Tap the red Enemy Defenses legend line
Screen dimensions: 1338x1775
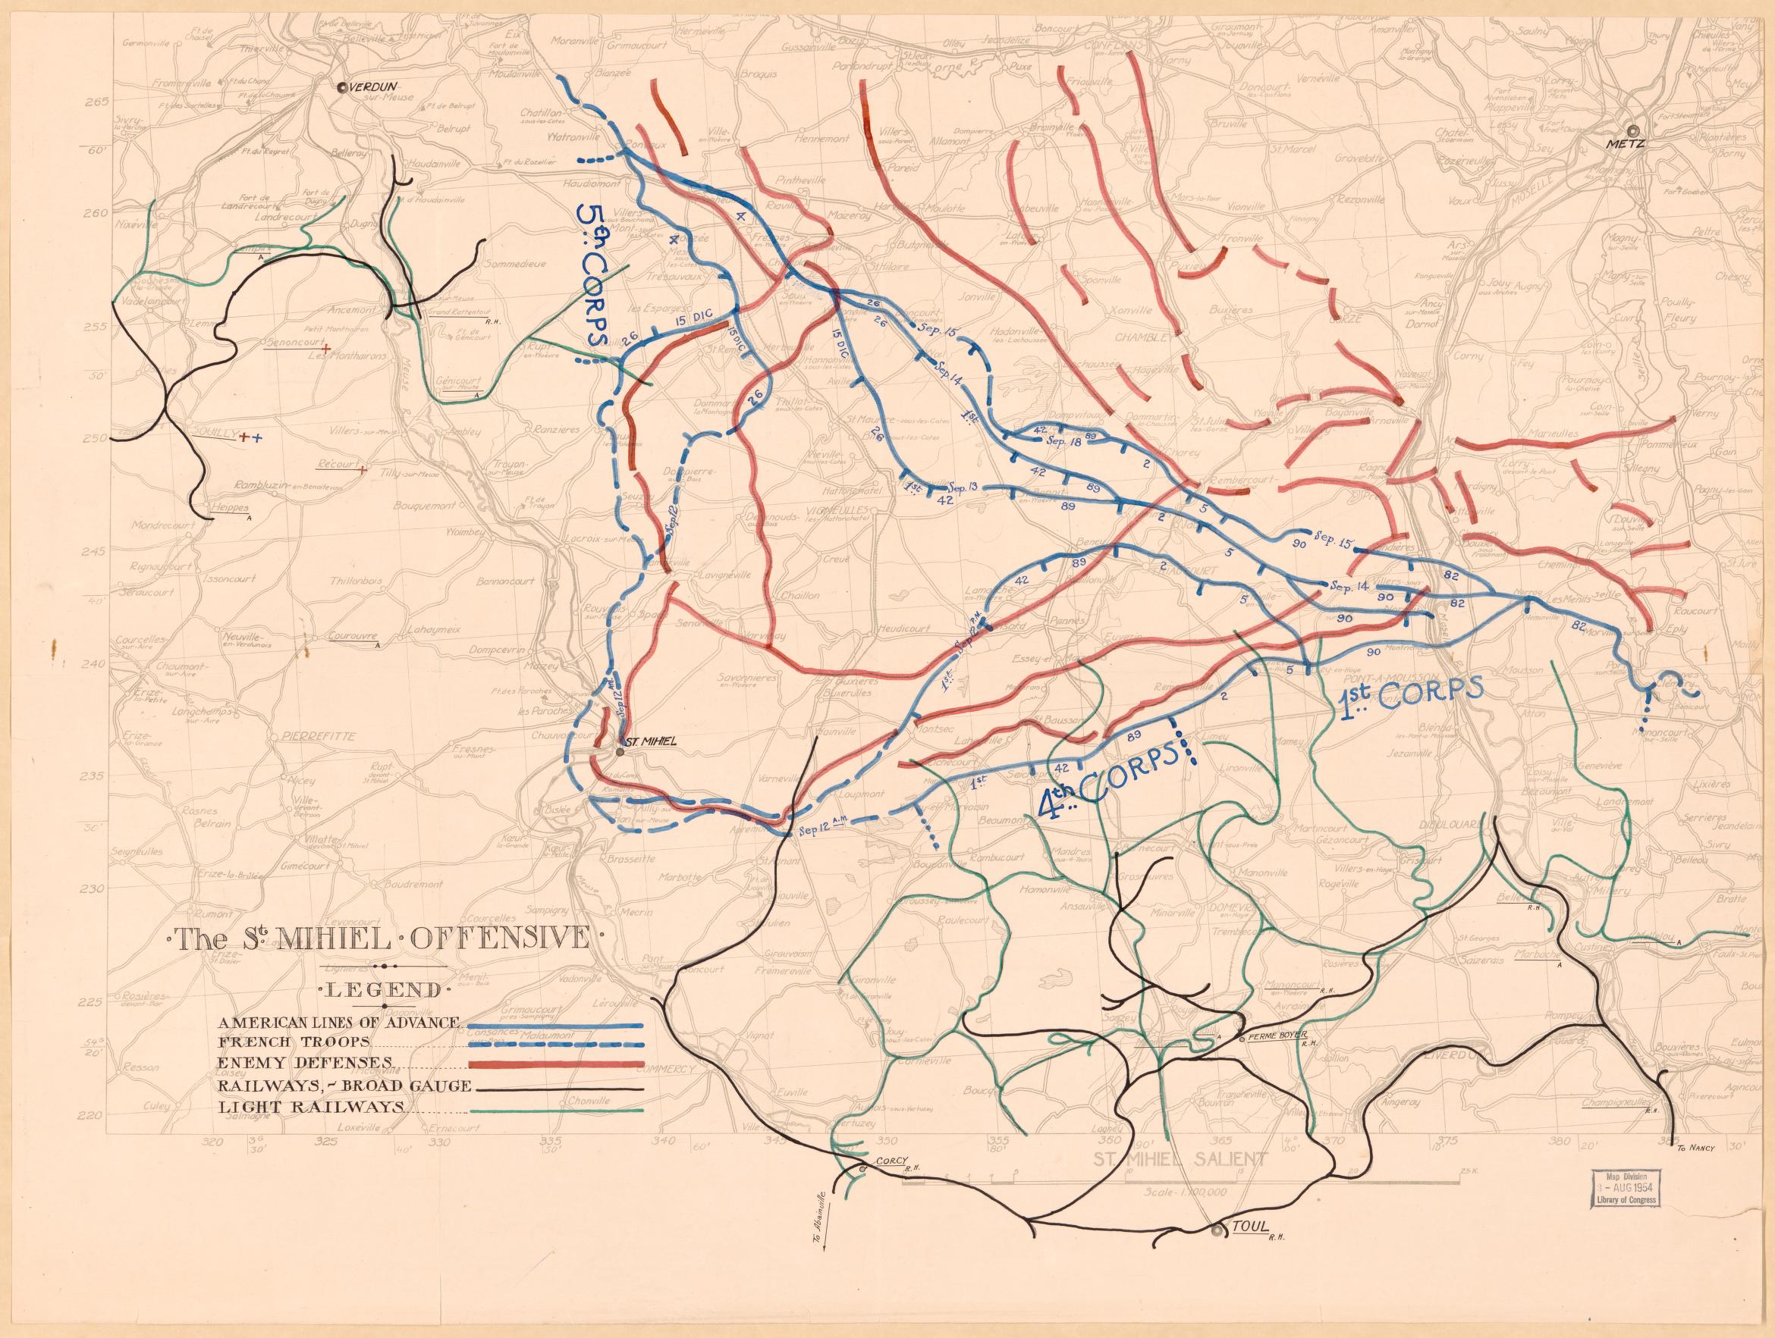click(555, 1064)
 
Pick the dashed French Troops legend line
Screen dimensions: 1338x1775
click(555, 1044)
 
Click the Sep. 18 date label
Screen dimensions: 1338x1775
click(1066, 442)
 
